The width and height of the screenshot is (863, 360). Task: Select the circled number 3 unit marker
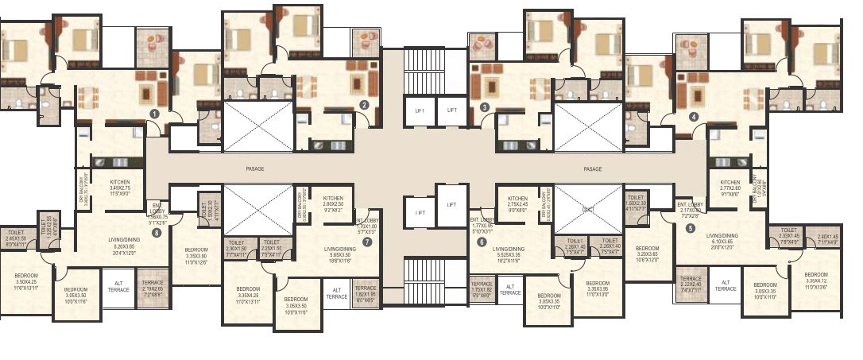pyautogui.click(x=484, y=107)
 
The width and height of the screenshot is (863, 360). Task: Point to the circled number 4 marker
pyautogui.click(x=694, y=116)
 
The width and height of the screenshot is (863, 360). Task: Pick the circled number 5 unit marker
pyautogui.click(x=690, y=229)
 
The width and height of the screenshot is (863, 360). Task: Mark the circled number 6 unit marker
pyautogui.click(x=482, y=242)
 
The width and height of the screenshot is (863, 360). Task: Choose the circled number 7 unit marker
pyautogui.click(x=366, y=242)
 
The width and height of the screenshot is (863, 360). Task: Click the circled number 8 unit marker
pyautogui.click(x=156, y=233)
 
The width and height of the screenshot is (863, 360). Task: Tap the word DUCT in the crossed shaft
pyautogui.click(x=588, y=209)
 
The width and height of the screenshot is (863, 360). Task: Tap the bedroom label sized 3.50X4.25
pyautogui.click(x=25, y=281)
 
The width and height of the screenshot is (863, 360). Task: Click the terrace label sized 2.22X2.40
pyautogui.click(x=691, y=284)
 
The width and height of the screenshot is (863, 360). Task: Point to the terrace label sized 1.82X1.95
pyautogui.click(x=365, y=292)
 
